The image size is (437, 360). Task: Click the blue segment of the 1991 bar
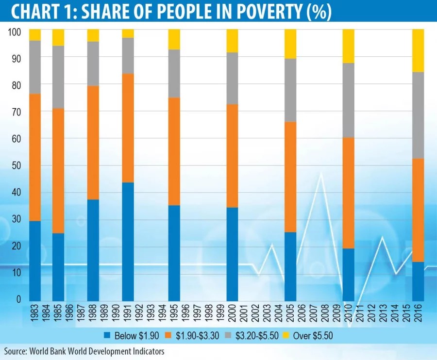tap(128, 242)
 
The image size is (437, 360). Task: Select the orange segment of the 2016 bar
tap(418, 210)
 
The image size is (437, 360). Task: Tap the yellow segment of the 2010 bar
tap(349, 46)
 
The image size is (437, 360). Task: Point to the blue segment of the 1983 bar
tap(35, 261)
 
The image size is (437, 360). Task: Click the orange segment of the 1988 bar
tap(93, 143)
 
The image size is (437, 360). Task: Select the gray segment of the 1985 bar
tap(58, 77)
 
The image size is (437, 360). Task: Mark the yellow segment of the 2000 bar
tap(233, 41)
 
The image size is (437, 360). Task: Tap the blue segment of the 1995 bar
tap(174, 253)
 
